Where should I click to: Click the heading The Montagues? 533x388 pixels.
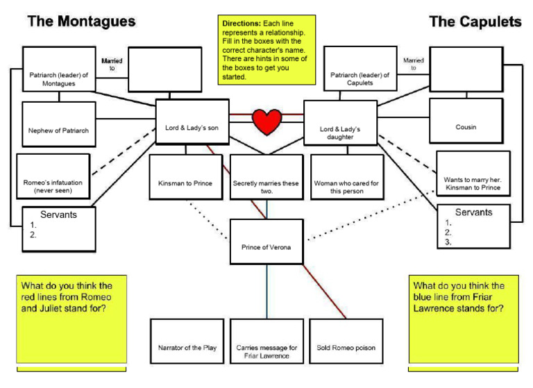(x=81, y=22)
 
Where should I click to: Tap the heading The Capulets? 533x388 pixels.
(x=475, y=22)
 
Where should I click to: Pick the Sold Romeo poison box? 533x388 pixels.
(x=346, y=341)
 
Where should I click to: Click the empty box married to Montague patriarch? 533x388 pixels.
(x=162, y=69)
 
